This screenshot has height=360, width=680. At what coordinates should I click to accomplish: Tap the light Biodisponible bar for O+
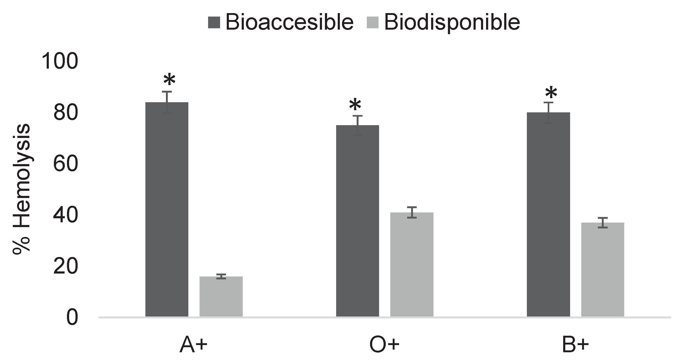tap(412, 264)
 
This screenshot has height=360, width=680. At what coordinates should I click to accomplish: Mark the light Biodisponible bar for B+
tap(603, 269)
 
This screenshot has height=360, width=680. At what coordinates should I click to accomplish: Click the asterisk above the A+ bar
tap(169, 80)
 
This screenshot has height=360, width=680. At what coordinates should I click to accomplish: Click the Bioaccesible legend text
tap(289, 22)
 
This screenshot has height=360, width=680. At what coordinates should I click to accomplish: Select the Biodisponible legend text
tap(452, 22)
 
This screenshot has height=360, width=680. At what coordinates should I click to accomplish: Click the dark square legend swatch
tap(214, 22)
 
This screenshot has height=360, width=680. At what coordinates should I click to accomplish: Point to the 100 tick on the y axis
tap(60, 61)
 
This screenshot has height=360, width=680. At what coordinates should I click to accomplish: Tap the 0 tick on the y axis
tap(72, 318)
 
